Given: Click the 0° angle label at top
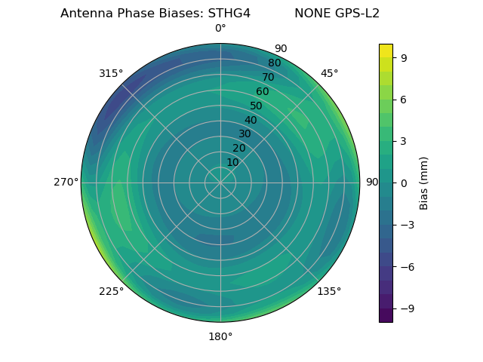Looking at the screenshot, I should tap(220, 29).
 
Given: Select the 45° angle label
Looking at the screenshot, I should tap(329, 73).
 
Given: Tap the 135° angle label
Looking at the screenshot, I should tap(329, 291).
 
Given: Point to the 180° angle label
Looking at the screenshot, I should tap(220, 336).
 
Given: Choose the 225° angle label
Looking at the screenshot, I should tap(111, 291).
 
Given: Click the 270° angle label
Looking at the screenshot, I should tap(66, 183).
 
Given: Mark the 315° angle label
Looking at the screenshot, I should tap(111, 73).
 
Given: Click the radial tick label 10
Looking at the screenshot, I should tap(232, 162).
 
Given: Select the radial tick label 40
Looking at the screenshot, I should tap(251, 121).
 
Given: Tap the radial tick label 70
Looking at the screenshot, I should tap(269, 77).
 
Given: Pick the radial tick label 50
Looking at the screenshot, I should tap(257, 106).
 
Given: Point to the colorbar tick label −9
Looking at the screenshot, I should tap(407, 308).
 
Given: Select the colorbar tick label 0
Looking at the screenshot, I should tap(404, 183).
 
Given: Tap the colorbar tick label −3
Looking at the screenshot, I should tap(407, 225).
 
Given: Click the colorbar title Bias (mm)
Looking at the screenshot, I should tap(424, 183).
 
